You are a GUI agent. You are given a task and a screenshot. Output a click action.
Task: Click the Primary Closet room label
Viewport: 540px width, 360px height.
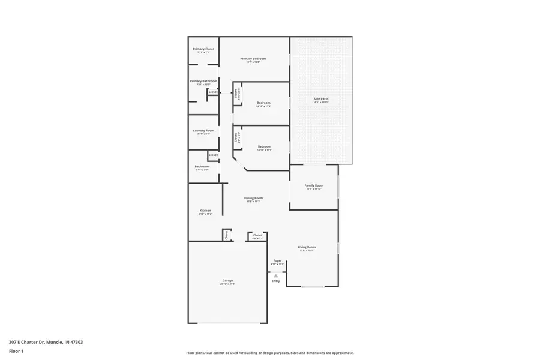(x=203, y=49)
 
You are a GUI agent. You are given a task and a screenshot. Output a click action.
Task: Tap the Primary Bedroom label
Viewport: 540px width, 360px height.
(x=253, y=59)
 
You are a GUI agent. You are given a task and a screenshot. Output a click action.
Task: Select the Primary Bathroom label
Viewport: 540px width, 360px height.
(x=203, y=81)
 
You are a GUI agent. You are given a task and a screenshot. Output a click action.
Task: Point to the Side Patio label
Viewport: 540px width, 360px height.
(x=321, y=98)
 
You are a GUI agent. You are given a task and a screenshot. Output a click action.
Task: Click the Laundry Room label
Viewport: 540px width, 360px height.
(x=203, y=130)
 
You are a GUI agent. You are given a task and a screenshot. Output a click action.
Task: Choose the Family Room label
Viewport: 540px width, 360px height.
(x=314, y=185)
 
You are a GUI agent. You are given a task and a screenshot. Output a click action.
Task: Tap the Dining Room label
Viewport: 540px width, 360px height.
(x=253, y=198)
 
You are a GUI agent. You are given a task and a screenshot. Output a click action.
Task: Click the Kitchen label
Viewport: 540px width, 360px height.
(x=205, y=211)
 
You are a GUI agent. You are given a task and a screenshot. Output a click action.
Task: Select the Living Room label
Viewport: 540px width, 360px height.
(x=307, y=247)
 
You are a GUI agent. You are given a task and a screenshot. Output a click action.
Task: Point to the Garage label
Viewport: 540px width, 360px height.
(x=227, y=280)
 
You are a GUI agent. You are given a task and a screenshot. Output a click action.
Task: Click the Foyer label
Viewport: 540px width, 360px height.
(x=277, y=260)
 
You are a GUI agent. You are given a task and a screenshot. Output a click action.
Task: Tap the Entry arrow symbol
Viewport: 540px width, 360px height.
(x=276, y=275)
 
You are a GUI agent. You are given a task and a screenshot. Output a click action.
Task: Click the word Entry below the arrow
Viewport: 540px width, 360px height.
(x=276, y=281)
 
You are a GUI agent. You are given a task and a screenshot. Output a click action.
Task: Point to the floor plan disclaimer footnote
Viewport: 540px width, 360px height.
(x=270, y=353)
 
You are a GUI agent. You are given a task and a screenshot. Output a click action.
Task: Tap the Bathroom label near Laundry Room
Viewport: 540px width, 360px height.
(x=202, y=166)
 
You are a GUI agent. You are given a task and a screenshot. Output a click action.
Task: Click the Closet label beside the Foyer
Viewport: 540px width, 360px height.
(x=258, y=235)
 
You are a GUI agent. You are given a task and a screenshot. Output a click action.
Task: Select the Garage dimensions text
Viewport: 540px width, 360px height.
(x=227, y=284)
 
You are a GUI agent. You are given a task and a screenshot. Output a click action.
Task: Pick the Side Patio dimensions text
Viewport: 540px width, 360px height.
(x=321, y=102)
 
